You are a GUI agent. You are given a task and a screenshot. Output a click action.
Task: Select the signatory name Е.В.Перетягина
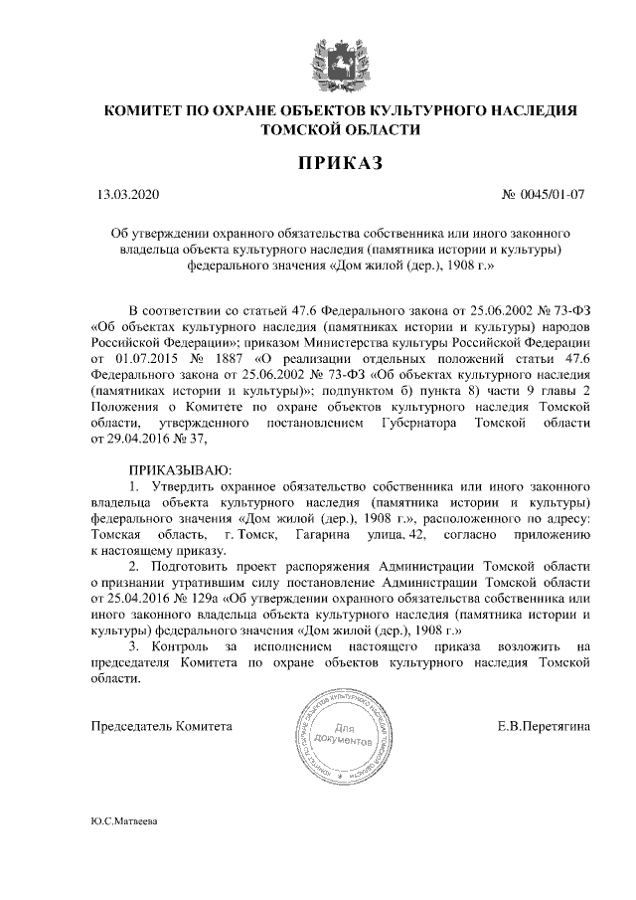[x=544, y=726]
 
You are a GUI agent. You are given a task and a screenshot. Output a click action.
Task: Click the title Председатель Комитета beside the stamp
[x=161, y=726]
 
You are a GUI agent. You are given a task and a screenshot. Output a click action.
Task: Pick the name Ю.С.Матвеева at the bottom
[x=123, y=823]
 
